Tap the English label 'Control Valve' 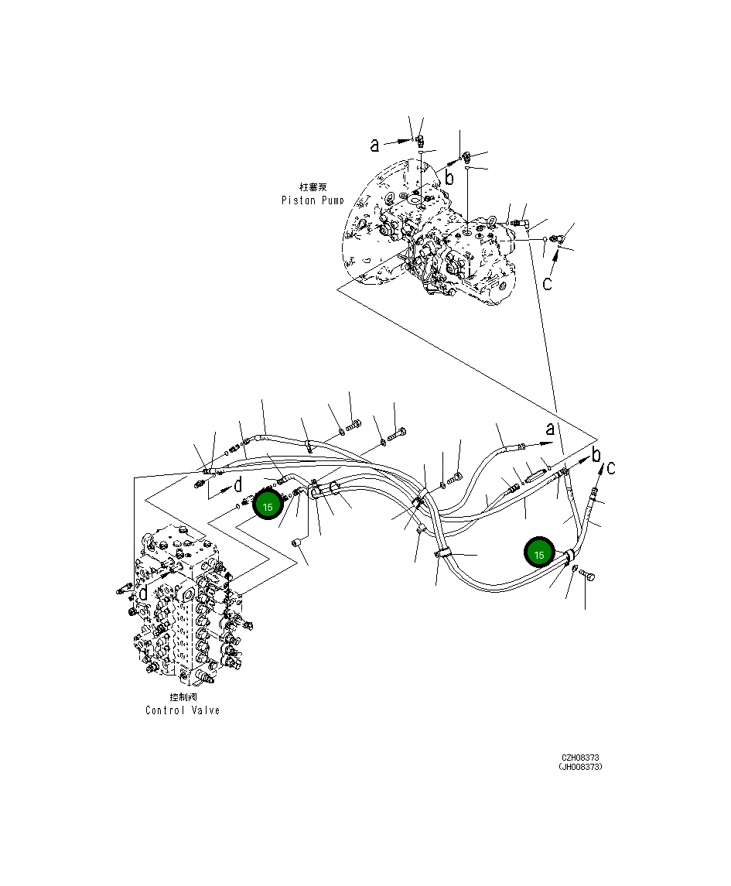point(183,710)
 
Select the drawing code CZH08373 point(580,758)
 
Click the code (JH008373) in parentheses point(580,768)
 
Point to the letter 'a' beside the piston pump point(375,145)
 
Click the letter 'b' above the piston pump point(449,177)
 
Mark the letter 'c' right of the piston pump point(547,283)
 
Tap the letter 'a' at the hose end point(550,430)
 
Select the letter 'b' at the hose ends point(596,454)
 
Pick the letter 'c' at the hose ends point(611,467)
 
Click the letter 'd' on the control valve point(144,593)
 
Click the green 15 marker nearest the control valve point(268,507)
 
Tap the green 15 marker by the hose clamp point(539,555)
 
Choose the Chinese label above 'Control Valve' point(183,696)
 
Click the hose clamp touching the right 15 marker point(569,555)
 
